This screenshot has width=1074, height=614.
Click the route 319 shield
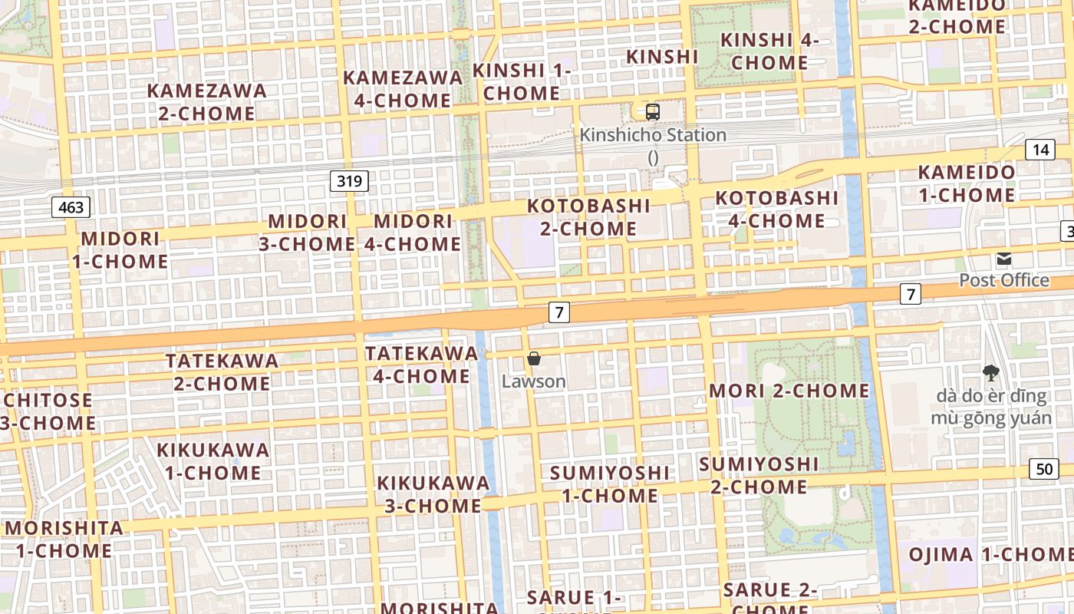350,181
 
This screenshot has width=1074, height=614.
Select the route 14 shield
1040,149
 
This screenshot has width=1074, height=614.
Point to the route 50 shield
1045,469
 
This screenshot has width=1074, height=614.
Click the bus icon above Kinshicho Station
653,112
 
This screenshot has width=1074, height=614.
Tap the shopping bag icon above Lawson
534,358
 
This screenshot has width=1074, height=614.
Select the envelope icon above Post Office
1004,259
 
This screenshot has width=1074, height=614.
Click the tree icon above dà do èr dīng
991,373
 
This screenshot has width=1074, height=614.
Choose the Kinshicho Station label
653,135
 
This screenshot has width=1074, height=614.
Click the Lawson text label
534,381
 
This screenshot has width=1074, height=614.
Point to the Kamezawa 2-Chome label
207,102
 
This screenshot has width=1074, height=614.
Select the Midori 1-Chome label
120,250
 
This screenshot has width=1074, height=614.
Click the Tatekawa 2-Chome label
222,371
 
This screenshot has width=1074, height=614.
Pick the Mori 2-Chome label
789,391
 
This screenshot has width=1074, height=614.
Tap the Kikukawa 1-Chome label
213,460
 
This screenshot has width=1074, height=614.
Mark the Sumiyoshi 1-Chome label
610,484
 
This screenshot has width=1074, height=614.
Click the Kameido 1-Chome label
967,183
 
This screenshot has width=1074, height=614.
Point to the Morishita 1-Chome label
64,540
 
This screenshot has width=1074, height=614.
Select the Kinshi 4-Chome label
770,51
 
